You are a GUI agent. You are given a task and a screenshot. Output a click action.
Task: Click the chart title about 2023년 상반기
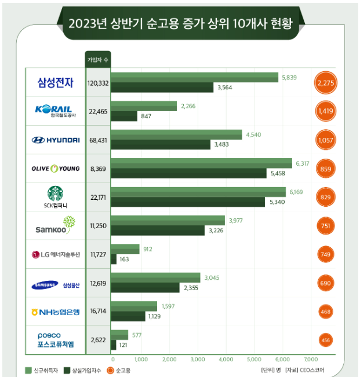(180, 24)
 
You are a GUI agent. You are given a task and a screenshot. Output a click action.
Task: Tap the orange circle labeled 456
(326, 340)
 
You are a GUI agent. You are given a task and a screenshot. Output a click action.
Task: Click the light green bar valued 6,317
(201, 163)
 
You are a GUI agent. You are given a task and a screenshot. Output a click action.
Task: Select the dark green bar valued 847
(124, 116)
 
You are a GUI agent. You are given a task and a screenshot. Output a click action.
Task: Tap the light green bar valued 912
(125, 249)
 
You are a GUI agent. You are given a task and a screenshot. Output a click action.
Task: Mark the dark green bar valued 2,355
(145, 288)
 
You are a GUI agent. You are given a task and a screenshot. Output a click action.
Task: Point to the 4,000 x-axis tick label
(226, 359)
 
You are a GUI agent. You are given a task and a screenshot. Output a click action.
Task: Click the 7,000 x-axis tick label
(311, 359)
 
